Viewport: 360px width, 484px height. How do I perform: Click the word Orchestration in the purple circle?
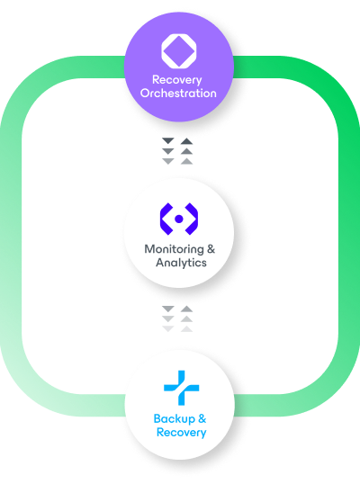[x=179, y=93]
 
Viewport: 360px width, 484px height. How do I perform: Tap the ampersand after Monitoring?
[x=211, y=249]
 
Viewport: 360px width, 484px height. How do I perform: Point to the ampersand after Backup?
[x=202, y=419]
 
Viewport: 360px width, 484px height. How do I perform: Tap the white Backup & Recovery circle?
[x=179, y=406]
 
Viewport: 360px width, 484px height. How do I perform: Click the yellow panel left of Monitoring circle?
[x=81, y=234]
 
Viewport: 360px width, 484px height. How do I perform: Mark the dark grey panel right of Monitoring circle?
[x=279, y=234]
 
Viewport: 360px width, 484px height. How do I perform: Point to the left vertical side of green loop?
[x=14, y=243]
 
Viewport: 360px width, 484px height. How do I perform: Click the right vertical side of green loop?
[x=345, y=243]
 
